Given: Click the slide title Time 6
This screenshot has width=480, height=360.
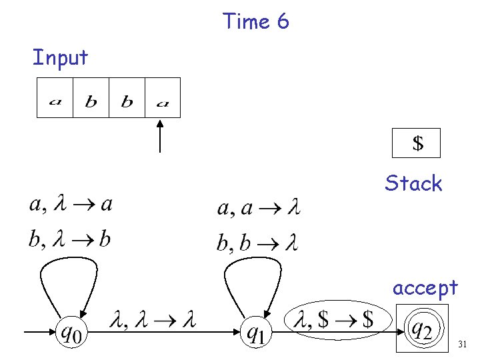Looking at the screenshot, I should click(x=256, y=21).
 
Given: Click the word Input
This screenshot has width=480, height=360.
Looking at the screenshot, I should click(x=60, y=58).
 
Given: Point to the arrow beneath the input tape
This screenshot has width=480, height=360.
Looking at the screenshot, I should click(x=160, y=136).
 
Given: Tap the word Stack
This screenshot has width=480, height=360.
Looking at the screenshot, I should click(x=413, y=183).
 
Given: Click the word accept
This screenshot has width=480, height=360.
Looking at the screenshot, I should click(x=425, y=287).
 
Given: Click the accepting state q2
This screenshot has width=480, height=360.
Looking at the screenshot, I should click(x=422, y=328).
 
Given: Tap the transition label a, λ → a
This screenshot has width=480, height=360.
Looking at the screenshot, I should click(x=71, y=204).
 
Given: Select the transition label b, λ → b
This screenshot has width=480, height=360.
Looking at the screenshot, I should click(x=69, y=239).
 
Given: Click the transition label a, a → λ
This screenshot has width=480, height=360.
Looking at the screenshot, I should click(x=259, y=209).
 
